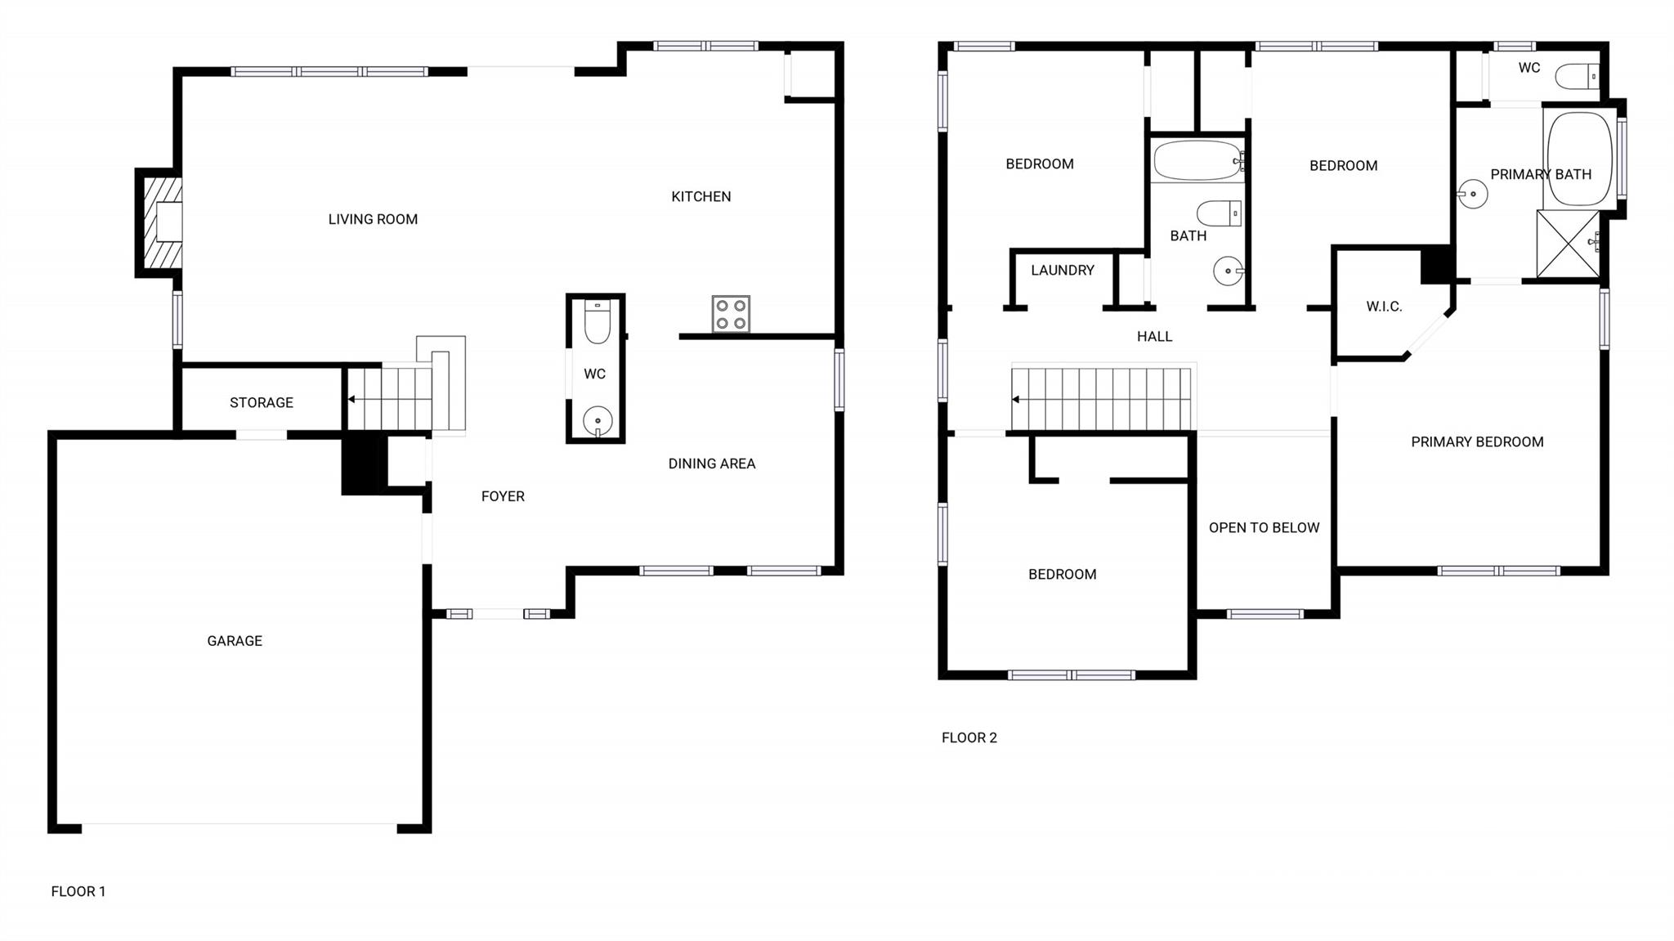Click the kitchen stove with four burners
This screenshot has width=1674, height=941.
731,314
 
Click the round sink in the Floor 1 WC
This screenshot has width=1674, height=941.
598,421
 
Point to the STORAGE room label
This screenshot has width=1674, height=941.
261,402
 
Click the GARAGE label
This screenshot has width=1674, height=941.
235,641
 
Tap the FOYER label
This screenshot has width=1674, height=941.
503,496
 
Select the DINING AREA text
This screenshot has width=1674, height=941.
711,464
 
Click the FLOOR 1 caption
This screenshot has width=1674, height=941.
78,891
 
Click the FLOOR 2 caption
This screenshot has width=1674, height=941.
969,737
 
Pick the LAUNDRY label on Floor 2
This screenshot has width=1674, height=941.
1062,270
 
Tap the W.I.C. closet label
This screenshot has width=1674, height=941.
1384,307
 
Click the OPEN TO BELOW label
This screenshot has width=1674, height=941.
1264,527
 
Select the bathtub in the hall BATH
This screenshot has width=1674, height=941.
1197,161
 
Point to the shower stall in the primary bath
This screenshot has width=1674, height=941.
1568,244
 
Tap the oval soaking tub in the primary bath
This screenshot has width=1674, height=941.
1579,158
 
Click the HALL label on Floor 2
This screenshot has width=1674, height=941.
1154,336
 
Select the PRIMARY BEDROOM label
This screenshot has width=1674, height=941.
1477,441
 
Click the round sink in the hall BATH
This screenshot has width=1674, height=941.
1228,271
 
